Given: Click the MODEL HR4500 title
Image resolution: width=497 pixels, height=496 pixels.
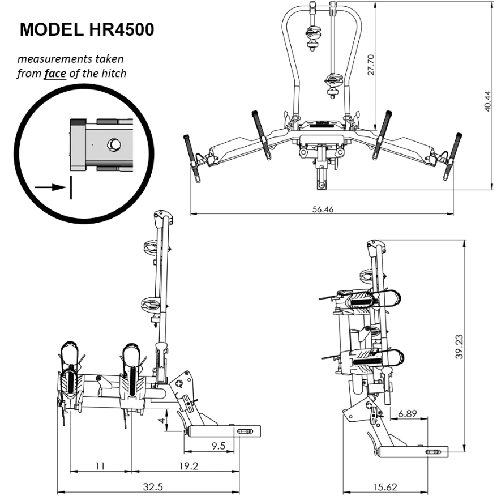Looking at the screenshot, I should tap(87, 30).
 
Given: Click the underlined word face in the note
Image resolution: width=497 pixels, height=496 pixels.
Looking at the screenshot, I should tap(55, 73).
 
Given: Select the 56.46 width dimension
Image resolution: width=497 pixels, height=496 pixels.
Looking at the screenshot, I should tap(323, 209).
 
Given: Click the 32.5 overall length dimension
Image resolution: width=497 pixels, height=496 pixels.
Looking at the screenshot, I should tap(153, 485).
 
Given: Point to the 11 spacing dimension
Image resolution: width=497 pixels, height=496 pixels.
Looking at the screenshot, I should tap(100, 466).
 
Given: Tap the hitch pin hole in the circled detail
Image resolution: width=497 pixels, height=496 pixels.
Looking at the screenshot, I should tap(114, 146).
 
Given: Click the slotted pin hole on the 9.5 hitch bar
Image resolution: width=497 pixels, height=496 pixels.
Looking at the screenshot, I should tap(245, 431).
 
